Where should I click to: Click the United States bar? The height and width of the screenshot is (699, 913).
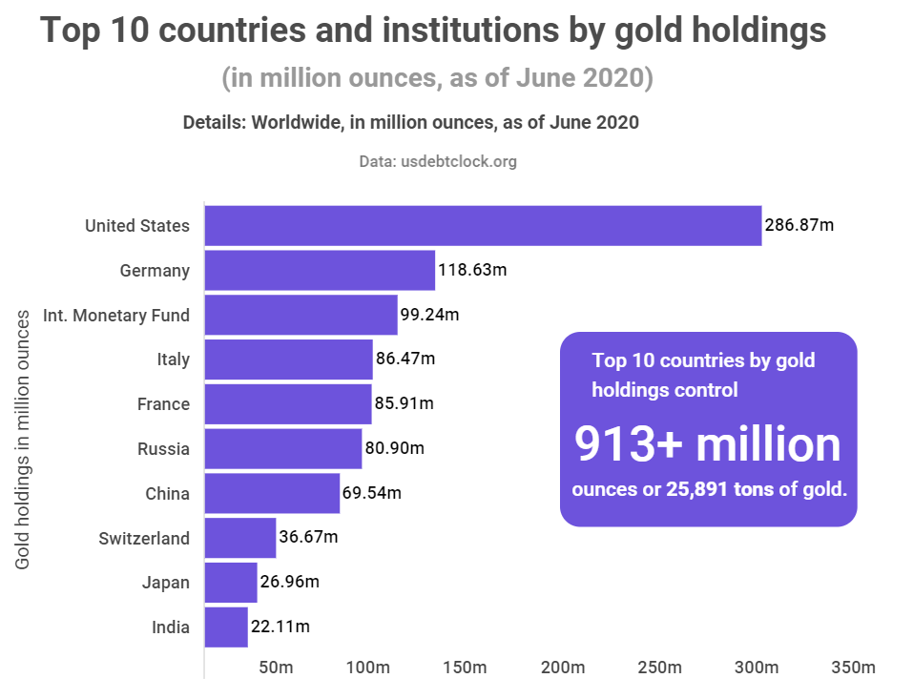(x=483, y=226)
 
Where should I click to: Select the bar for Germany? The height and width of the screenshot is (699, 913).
(x=320, y=271)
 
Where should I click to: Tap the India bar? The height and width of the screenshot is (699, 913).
(x=226, y=627)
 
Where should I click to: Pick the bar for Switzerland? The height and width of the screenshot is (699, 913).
(x=240, y=538)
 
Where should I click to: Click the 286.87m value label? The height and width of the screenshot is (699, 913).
(x=799, y=226)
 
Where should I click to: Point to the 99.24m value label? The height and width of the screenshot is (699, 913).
(x=429, y=315)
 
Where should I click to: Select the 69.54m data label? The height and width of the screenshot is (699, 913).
(x=372, y=494)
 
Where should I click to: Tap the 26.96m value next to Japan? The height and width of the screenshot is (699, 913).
(x=289, y=583)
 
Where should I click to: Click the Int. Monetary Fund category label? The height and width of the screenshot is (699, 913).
(x=116, y=315)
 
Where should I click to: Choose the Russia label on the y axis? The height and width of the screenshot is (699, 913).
(x=163, y=449)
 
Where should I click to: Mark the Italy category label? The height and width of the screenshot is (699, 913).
(x=174, y=360)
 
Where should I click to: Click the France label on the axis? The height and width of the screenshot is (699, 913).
(x=163, y=404)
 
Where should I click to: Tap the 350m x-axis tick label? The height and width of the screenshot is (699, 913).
(x=851, y=667)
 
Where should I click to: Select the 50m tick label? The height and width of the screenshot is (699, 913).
(x=276, y=667)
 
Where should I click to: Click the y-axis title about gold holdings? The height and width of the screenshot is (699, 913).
(x=23, y=439)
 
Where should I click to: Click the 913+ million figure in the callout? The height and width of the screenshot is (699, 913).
(x=708, y=444)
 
